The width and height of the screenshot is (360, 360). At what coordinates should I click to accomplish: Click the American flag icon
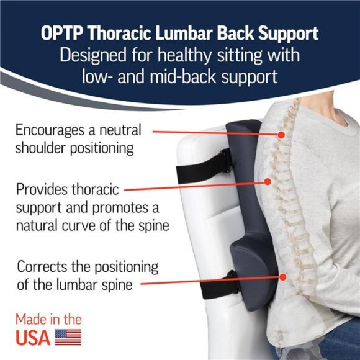point(68,336)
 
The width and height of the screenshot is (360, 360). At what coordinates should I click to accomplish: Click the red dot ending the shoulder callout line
point(281,134)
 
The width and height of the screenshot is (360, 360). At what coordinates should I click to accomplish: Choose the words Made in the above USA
point(48,320)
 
